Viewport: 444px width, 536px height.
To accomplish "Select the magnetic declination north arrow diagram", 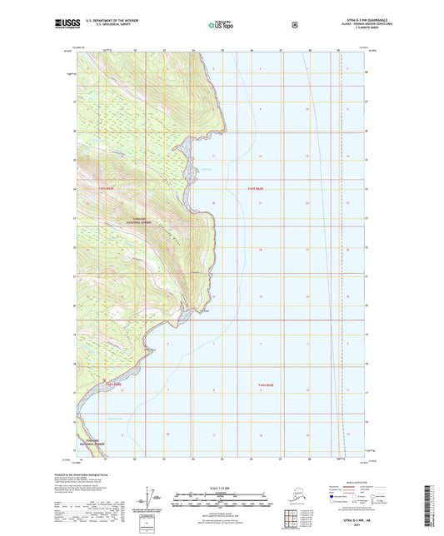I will pos(150,503).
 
